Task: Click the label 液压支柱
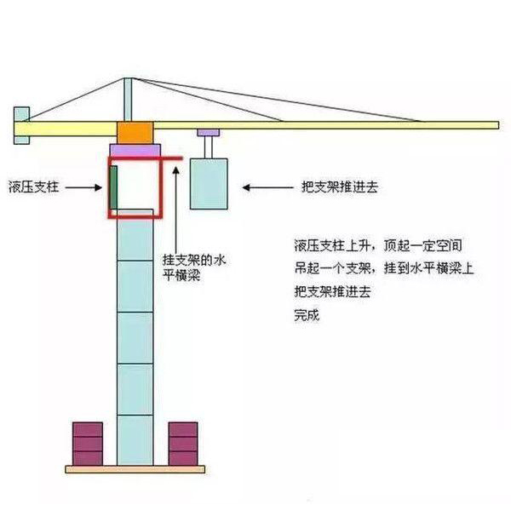(35, 185)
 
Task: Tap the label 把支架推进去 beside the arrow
(340, 185)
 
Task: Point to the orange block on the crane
(133, 133)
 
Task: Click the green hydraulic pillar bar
(112, 187)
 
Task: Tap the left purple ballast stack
(88, 443)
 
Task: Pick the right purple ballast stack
(182, 443)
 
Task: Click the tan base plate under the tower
(135, 468)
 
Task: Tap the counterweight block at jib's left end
(21, 126)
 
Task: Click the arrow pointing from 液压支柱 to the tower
(86, 185)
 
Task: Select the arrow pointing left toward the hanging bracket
(267, 185)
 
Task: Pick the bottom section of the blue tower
(135, 439)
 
